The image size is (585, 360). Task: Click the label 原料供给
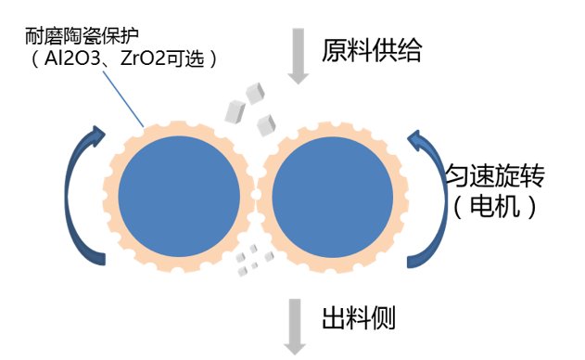point(371,50)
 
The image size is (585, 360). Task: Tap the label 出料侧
point(358,319)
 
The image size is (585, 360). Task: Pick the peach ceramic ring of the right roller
point(393,199)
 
